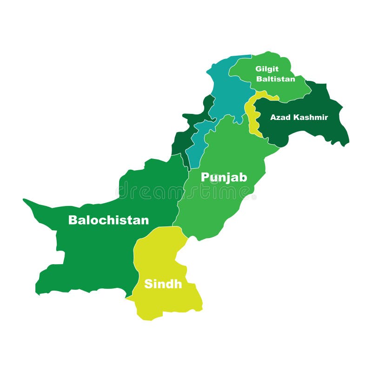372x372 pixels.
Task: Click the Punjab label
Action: coord(224,178)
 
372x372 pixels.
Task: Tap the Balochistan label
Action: coord(108,220)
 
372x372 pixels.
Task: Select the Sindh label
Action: coord(163,284)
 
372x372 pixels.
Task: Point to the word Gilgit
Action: coord(267,69)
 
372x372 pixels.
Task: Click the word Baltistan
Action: coord(275,79)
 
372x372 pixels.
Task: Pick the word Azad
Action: coord(280,117)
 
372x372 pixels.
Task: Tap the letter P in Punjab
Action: coord(205,178)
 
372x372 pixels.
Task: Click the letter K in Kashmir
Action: coord(296,117)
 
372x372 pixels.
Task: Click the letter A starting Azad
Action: coord(273,117)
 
